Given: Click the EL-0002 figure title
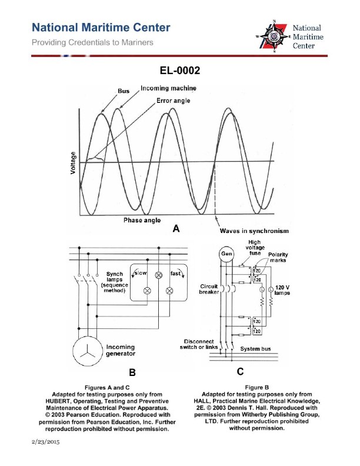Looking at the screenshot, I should click(180, 71).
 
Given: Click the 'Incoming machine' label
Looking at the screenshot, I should click(168, 88).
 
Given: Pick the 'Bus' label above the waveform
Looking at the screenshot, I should click(124, 91).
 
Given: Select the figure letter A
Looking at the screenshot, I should click(175, 231).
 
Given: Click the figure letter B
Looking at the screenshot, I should click(132, 372).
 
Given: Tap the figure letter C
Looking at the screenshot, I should click(240, 371).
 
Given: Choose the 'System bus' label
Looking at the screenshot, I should click(258, 348).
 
